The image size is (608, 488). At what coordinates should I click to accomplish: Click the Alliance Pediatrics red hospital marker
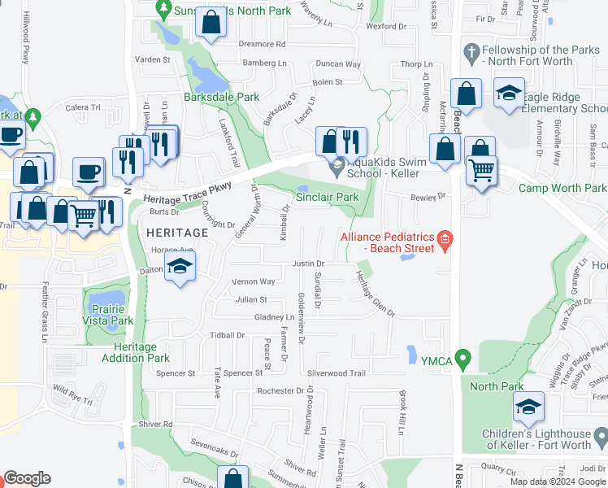[x=444, y=238]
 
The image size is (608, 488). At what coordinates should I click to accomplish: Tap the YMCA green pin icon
[x=463, y=357]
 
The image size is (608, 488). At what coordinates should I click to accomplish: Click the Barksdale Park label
[x=221, y=97]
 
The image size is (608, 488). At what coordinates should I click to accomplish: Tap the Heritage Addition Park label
[x=136, y=352]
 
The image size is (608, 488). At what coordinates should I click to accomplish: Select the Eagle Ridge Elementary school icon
[x=509, y=94]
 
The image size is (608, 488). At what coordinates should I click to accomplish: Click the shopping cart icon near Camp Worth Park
[x=482, y=171]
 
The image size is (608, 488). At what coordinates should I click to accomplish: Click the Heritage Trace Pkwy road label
[x=187, y=193]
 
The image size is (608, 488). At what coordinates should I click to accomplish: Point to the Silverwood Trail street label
[x=337, y=373]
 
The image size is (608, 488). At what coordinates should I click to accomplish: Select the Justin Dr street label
[x=308, y=264]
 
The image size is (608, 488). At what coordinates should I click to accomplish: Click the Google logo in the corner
[x=27, y=478]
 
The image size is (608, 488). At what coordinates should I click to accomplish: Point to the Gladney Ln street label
[x=274, y=317]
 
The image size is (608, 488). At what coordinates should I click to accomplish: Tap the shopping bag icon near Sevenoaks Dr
[x=233, y=478]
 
